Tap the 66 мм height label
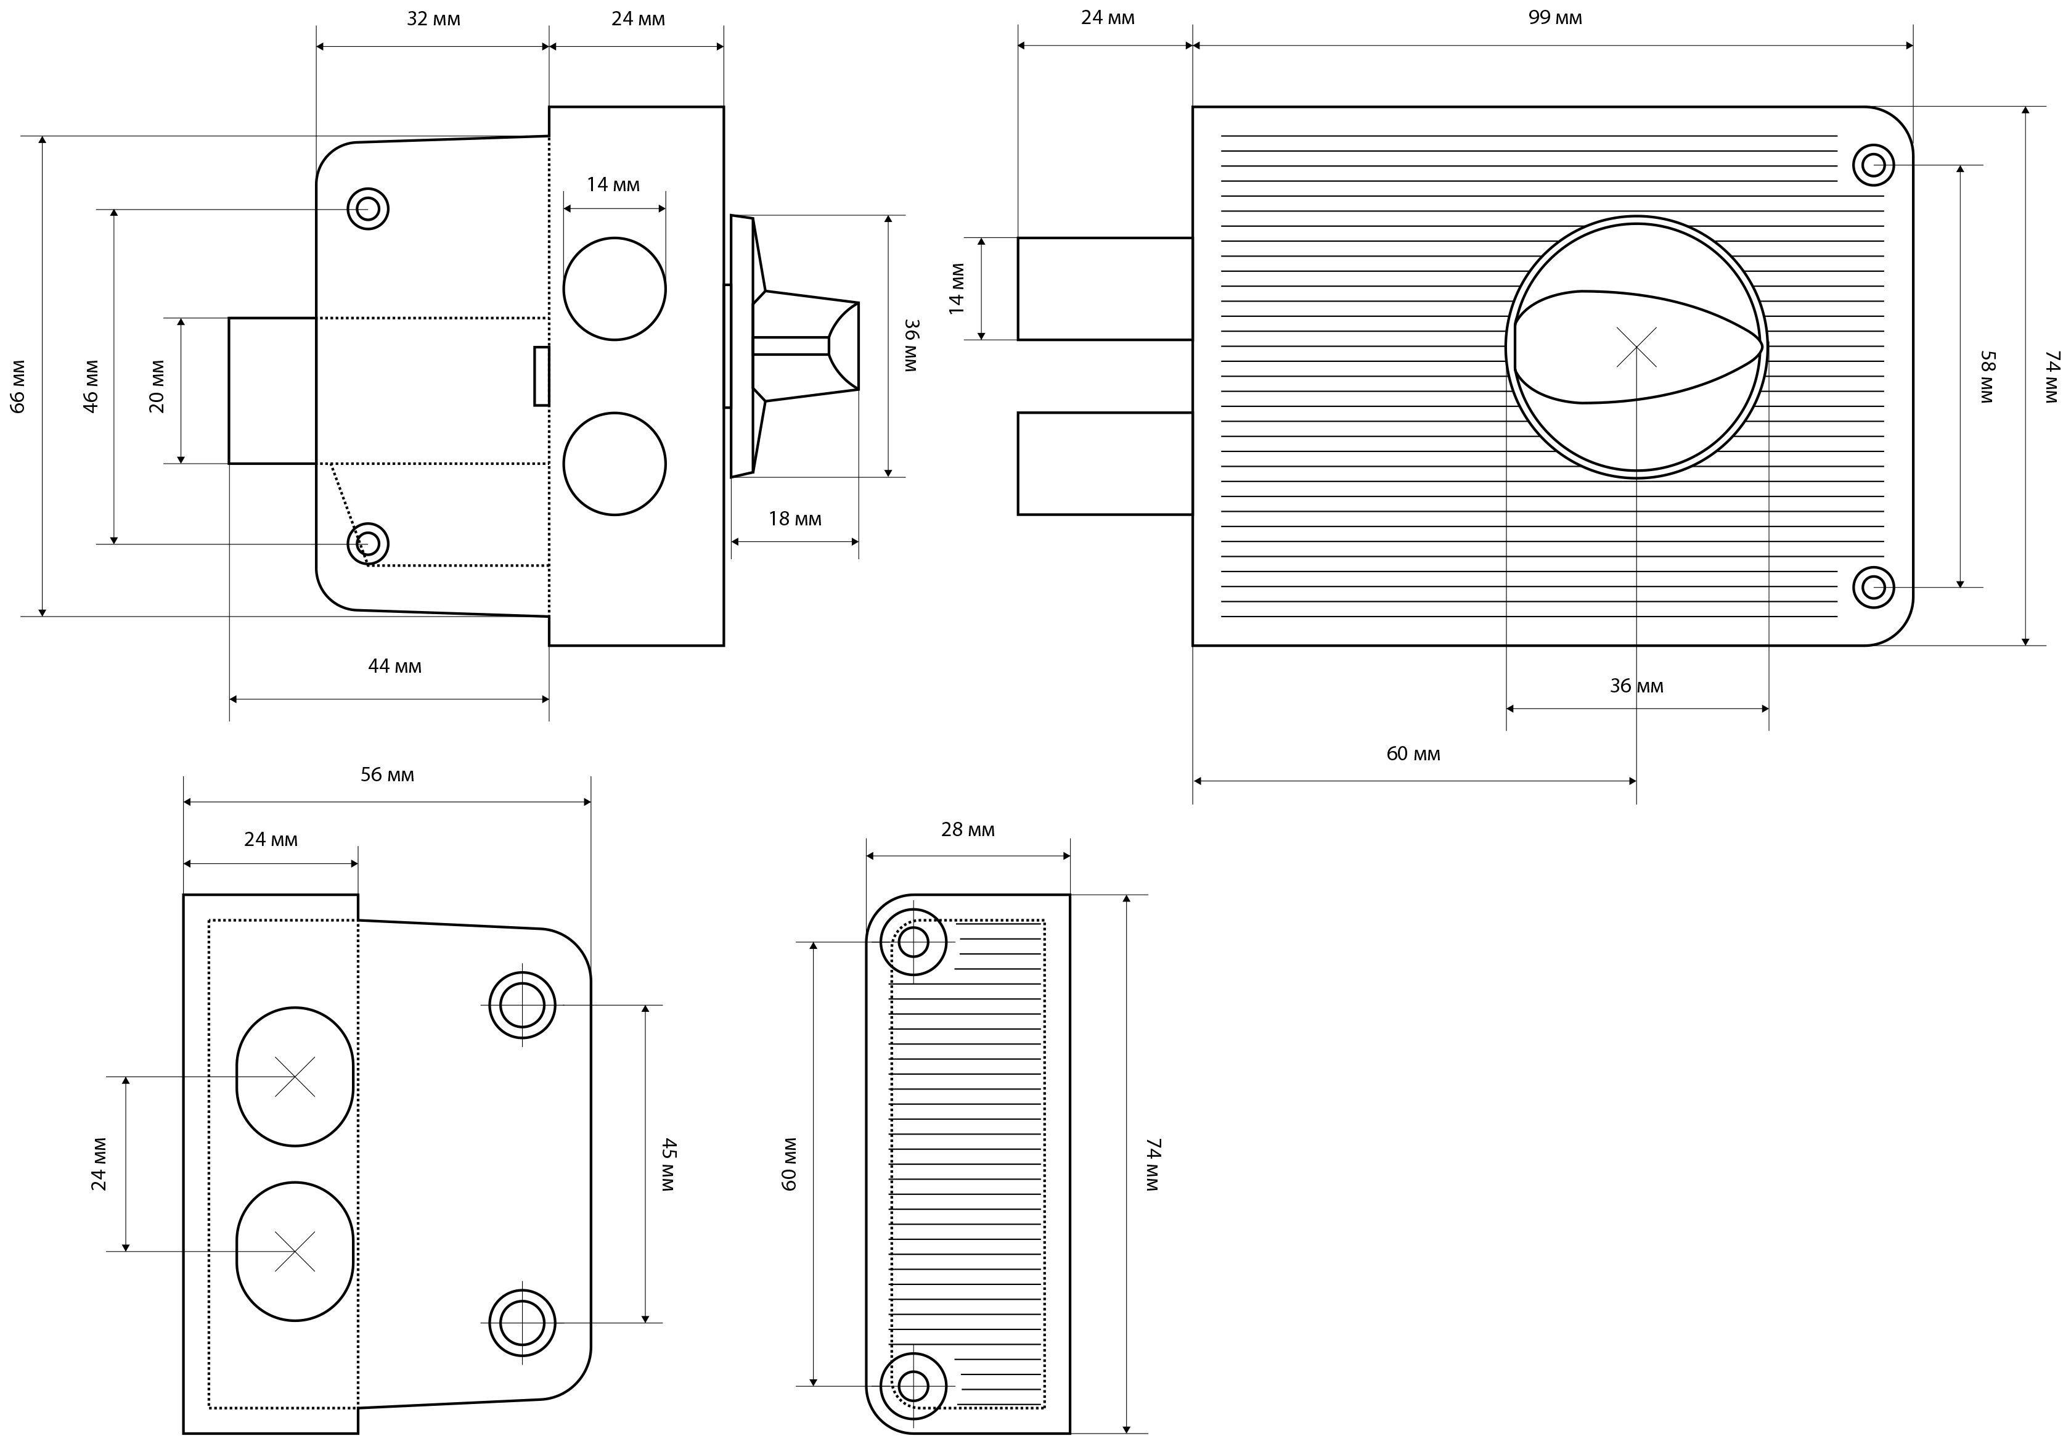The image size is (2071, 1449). coord(18,386)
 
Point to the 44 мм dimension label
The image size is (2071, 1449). coord(394,667)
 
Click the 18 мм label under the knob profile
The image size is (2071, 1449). coord(794,519)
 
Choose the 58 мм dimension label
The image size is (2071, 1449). coord(1985,377)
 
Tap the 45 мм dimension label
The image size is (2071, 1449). coord(668,1165)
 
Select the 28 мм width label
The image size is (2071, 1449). coord(968,830)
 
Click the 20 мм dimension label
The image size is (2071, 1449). coord(157,386)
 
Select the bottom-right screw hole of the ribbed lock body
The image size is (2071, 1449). coord(1874,588)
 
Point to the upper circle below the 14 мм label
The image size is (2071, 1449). coord(615,289)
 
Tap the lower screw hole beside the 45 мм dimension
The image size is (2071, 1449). coord(522,1323)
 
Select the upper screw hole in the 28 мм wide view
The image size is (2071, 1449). coord(913,942)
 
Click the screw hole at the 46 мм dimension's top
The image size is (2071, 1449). coord(368,209)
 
